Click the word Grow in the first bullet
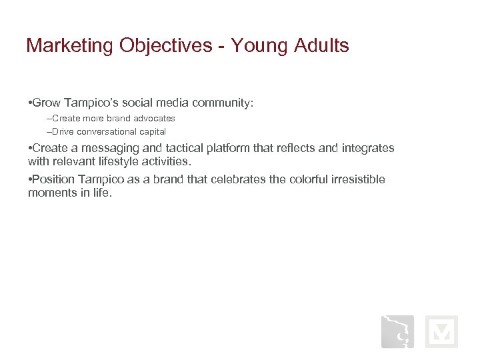(x=47, y=103)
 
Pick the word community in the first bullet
(x=221, y=103)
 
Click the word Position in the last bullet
(x=54, y=180)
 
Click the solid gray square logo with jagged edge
(x=397, y=331)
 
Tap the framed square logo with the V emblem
(x=441, y=331)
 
